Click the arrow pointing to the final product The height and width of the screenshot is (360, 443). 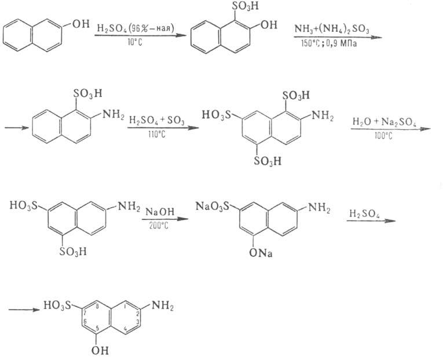pyautogui.click(x=23, y=308)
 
